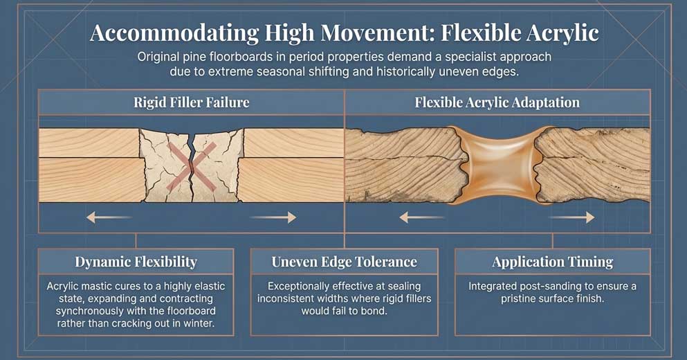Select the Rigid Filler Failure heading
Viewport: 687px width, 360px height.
pos(191,102)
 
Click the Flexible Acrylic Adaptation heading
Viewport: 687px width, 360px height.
pos(497,102)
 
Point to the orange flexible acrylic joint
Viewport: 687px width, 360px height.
pos(497,165)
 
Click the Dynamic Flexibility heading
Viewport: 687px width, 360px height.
pos(136,262)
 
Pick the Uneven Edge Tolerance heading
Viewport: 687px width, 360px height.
pos(344,262)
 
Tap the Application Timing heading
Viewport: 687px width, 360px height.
pos(552,262)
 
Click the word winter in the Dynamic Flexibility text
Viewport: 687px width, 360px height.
pos(204,323)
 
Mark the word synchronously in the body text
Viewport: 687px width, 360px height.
pos(88,311)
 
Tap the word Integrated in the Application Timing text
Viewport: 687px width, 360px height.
pos(493,286)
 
